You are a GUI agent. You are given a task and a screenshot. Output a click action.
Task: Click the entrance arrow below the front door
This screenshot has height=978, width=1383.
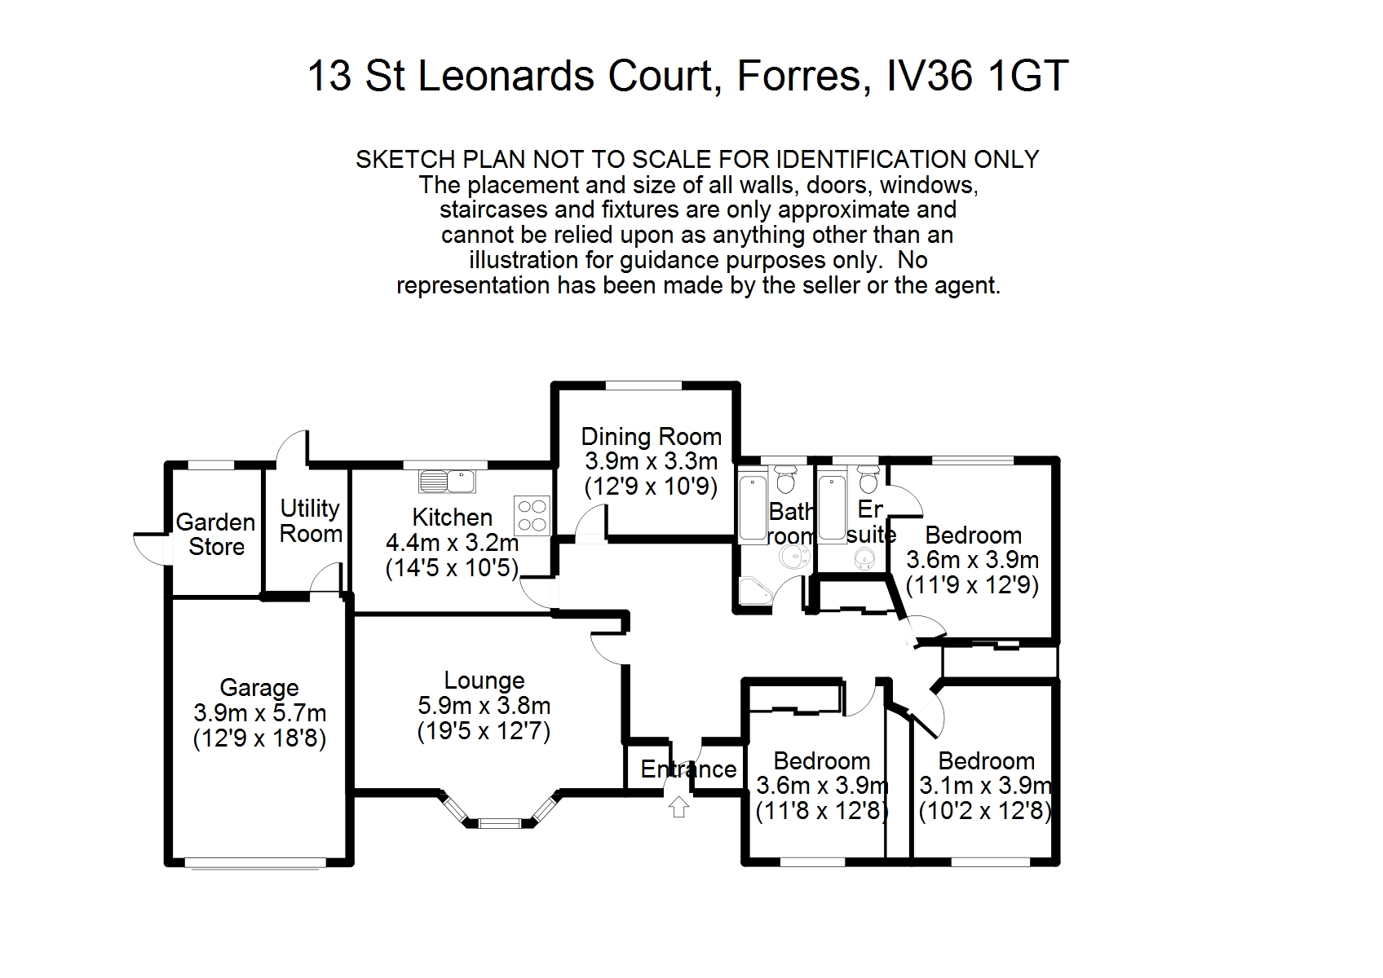678,806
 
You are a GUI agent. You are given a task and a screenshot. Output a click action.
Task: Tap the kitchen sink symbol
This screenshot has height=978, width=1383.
447,481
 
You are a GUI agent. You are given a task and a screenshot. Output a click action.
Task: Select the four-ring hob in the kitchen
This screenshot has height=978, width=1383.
532,515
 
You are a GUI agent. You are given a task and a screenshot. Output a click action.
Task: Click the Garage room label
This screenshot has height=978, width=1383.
259,688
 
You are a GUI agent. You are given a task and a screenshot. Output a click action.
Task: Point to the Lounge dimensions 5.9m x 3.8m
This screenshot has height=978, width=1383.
484,706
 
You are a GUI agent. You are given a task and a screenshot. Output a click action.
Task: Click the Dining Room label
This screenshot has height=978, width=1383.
651,437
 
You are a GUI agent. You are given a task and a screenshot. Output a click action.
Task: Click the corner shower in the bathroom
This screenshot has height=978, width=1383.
753,592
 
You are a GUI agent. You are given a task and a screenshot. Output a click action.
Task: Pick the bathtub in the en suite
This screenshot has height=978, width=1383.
832,505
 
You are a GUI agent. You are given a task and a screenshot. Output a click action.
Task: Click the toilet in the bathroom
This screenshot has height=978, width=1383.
786,479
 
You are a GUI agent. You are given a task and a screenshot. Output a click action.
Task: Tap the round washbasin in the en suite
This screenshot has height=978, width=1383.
864,558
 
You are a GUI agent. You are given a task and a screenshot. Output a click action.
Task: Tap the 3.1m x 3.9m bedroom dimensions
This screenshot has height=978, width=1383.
985,786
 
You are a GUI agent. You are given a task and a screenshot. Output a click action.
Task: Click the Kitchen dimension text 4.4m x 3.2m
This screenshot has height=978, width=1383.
453,543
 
